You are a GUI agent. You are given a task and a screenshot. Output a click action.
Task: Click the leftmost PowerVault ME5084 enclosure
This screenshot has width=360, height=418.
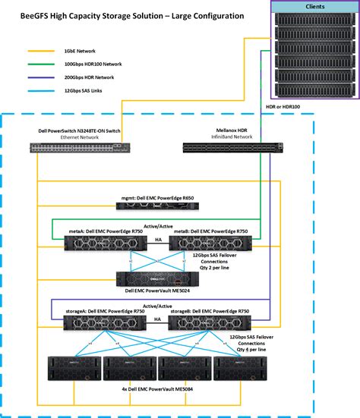[74, 367]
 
